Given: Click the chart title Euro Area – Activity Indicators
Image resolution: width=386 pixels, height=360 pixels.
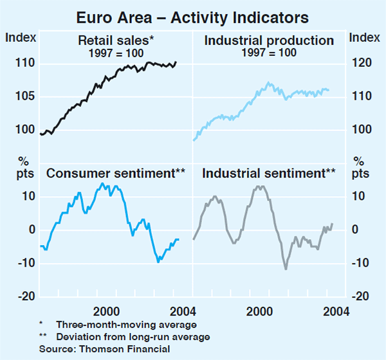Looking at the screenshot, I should coord(193,15).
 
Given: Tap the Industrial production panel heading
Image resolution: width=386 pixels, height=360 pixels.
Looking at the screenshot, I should coord(269,41).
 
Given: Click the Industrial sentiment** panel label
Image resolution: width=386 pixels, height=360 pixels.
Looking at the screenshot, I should coord(269,173).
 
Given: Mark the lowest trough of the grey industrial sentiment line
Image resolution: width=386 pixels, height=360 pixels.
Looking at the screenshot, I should coord(286,269).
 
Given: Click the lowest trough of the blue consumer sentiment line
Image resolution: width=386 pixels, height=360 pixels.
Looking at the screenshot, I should coord(158,262).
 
